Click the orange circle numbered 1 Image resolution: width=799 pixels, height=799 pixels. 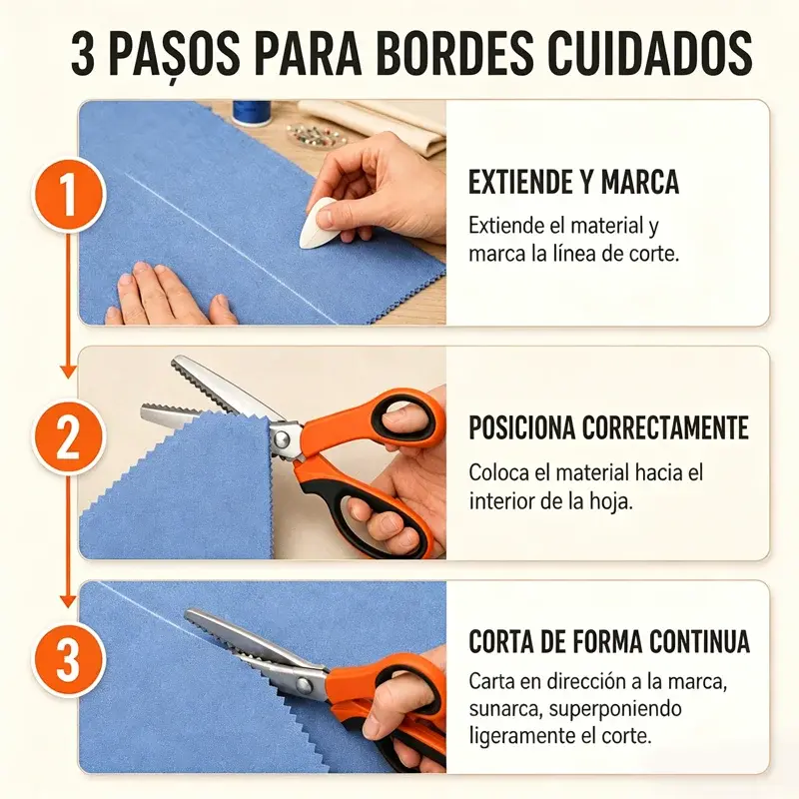pos(69,196)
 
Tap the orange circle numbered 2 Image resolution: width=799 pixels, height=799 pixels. pos(69,437)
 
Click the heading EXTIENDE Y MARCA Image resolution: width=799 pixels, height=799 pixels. pos(573,182)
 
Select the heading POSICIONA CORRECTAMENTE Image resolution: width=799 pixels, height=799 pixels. pos(608,427)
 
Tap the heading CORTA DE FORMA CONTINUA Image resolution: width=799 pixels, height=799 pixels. pos(609,641)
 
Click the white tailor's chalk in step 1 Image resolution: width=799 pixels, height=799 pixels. pos(317,223)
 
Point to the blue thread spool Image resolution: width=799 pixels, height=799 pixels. pos(252,113)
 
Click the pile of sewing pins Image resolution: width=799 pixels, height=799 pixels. pos(313,135)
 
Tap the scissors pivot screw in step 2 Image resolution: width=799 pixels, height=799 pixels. pos(280,438)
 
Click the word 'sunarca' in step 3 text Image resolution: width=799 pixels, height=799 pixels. pos(503,709)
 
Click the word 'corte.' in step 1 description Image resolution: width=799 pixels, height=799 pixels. pos(654,254)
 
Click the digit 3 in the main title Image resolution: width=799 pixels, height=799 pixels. pos(83,54)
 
